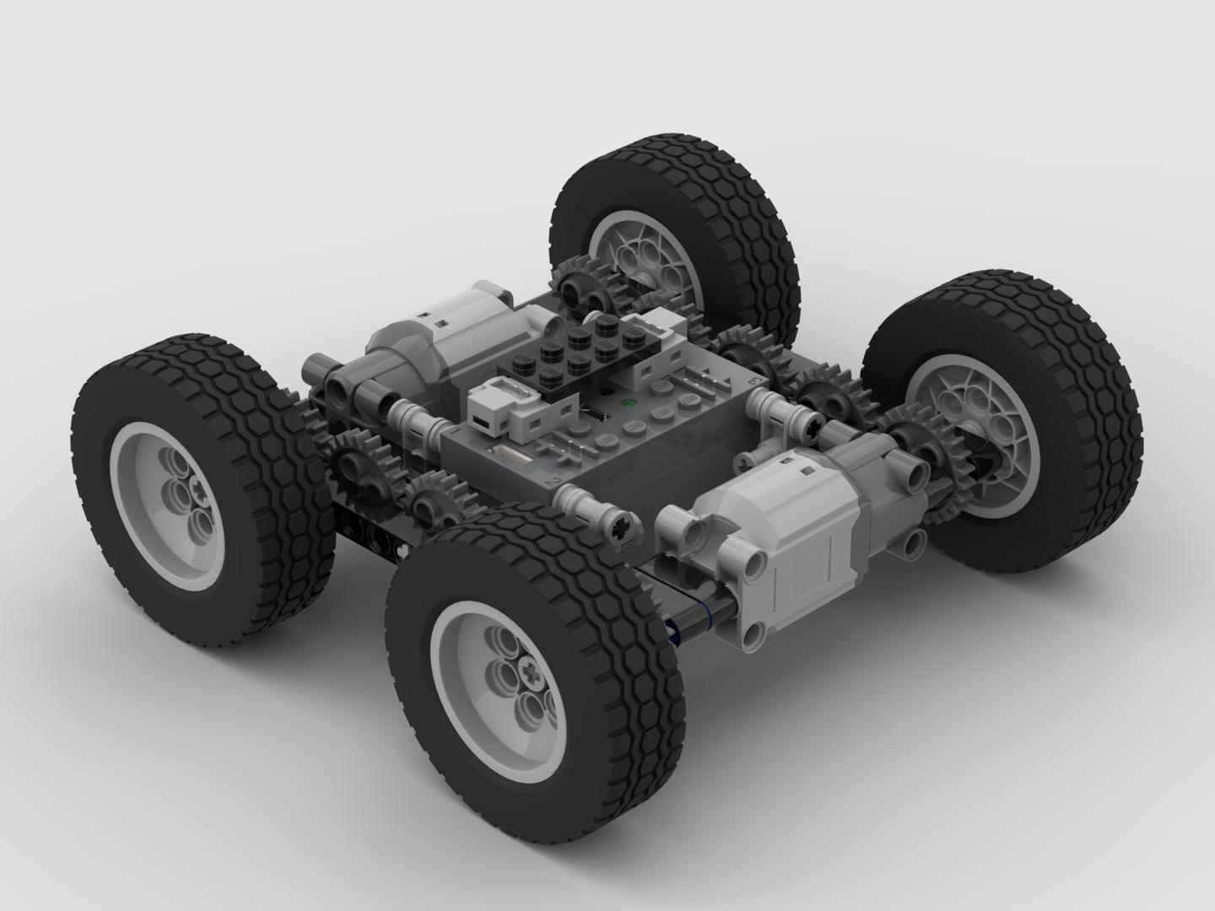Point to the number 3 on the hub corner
753,381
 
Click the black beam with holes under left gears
371,531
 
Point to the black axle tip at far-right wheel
983,460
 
